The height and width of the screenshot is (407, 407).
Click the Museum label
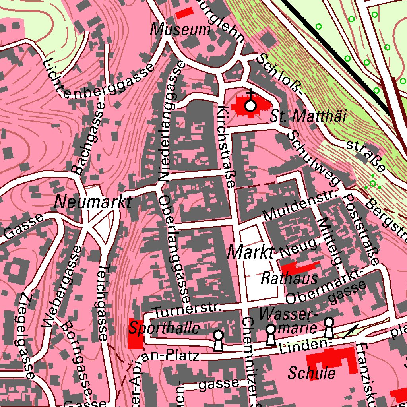click(x=180, y=30)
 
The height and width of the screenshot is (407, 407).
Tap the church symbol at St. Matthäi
click(x=250, y=106)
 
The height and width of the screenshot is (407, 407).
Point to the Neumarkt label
click(x=93, y=202)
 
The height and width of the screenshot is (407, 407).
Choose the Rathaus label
click(x=289, y=279)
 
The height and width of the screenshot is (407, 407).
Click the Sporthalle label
click(x=163, y=329)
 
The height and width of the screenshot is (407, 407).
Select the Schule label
click(x=312, y=373)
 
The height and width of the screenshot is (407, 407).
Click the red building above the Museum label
click(x=184, y=13)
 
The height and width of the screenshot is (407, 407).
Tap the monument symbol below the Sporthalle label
click(x=218, y=341)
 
